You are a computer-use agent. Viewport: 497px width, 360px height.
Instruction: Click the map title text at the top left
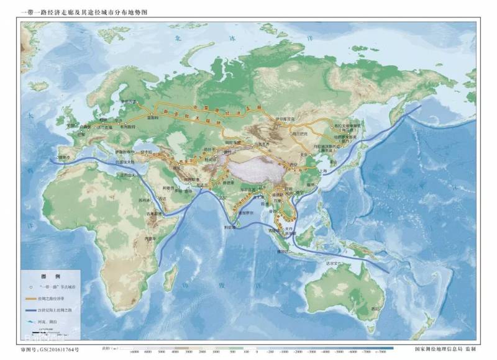pyautogui.click(x=87, y=12)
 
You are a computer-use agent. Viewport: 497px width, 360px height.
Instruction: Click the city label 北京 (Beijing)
pyautogui.click(x=305, y=153)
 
